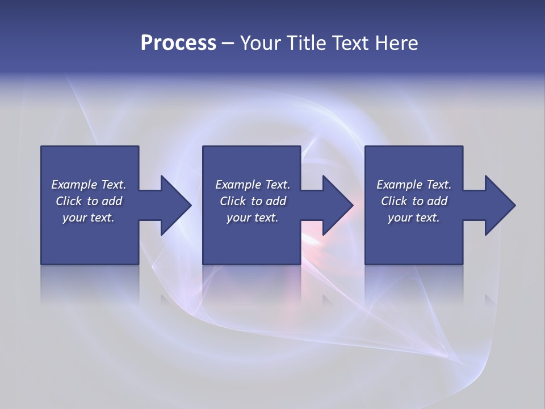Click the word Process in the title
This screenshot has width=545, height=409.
(178, 43)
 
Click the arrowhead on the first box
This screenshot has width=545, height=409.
(175, 205)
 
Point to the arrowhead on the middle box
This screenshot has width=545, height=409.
(337, 205)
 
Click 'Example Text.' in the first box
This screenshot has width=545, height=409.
(89, 185)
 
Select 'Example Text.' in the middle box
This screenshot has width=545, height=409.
(253, 185)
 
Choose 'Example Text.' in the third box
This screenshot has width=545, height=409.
(414, 185)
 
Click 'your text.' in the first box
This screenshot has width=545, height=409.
(89, 218)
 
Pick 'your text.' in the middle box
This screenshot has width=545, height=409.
(253, 218)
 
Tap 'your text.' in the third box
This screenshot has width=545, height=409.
(414, 218)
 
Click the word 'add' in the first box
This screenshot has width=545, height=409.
(112, 201)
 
